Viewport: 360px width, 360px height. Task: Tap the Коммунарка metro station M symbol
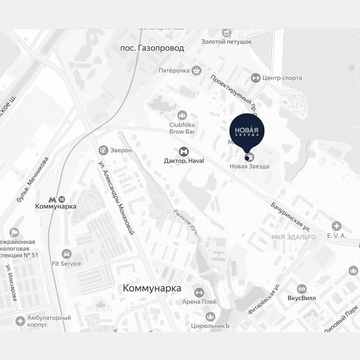(52, 199)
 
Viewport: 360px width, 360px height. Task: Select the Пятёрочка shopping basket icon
(197, 70)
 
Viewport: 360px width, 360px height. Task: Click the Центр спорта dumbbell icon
(255, 78)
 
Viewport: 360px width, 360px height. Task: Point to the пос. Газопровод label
(152, 48)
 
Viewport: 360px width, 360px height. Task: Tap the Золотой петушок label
(226, 42)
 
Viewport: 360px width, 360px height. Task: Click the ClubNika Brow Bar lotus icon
(182, 115)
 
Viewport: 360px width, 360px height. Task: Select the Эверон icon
(103, 150)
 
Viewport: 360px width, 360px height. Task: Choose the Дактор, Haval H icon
(183, 151)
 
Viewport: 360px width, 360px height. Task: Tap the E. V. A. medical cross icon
(336, 226)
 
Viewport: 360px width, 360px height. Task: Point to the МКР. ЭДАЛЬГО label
(293, 237)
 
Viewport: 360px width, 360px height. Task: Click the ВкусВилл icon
(302, 289)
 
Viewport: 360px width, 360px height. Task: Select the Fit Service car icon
(66, 254)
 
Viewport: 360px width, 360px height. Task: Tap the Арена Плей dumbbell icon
(199, 292)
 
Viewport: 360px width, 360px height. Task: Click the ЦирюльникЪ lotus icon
(210, 317)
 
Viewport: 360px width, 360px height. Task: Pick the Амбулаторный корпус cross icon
(20, 321)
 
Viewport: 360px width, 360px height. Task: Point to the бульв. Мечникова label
(33, 180)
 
